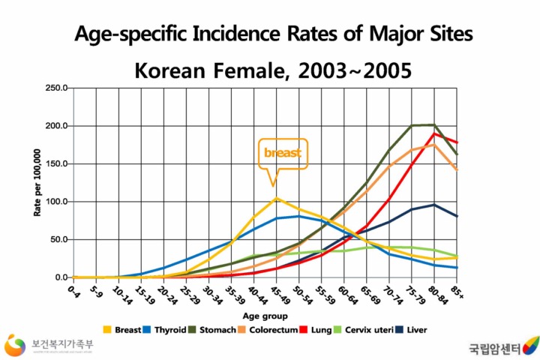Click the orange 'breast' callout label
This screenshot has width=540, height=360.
tap(282, 153)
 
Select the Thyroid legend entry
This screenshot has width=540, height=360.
tap(169, 328)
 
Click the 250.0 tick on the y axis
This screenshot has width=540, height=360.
tap(56, 88)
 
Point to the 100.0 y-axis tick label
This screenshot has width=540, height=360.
tap(56, 202)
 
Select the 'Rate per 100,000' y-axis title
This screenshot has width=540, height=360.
tap(37, 182)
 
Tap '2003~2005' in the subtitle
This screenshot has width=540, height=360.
tap(355, 71)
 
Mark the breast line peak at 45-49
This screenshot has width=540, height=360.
tap(276, 198)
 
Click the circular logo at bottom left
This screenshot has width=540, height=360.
tap(15, 346)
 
